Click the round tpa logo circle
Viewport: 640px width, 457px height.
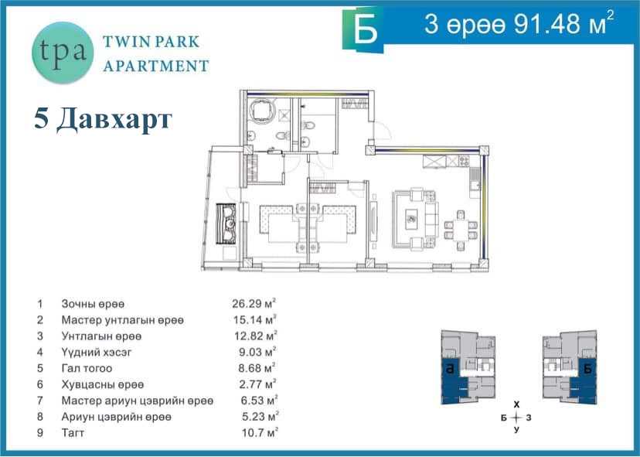[63, 53]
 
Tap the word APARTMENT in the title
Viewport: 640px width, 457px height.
[156, 66]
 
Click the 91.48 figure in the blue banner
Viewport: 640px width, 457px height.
[547, 25]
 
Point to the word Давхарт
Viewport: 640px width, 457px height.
[114, 119]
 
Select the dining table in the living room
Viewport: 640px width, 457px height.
[461, 230]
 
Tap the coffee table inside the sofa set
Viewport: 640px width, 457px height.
[411, 220]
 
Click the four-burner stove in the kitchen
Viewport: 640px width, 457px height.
[464, 162]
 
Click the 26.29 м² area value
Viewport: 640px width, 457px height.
[254, 303]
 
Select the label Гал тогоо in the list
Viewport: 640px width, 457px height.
[87, 368]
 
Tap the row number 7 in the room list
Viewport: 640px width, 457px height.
[39, 401]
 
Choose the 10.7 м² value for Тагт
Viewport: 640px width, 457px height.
[260, 432]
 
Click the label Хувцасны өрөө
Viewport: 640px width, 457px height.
[103, 385]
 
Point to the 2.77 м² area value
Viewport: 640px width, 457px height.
[257, 384]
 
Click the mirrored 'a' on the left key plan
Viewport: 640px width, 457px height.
[450, 369]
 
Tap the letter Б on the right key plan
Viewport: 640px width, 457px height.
[587, 369]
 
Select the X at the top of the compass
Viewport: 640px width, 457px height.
[517, 404]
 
